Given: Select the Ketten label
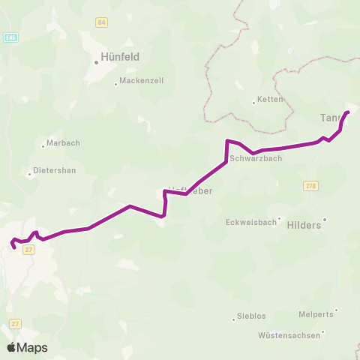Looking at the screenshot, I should coord(270,100).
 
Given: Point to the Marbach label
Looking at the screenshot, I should coord(63,143).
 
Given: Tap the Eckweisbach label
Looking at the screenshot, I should coord(250,222).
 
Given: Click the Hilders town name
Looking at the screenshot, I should coord(304,224).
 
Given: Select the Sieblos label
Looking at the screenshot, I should coord(251,316).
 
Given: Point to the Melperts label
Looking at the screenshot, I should coord(315,316).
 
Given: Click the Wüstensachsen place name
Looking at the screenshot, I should coord(289,335).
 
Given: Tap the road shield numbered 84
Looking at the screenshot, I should coord(101,22).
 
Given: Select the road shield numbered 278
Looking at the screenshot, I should coord(311,184).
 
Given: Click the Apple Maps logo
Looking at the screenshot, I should coord(27,347).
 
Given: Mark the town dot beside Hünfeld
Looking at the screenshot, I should coord(97,62).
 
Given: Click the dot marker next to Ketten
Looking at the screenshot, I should coord(254,103).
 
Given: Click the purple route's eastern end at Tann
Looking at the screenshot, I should coord(348,112).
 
